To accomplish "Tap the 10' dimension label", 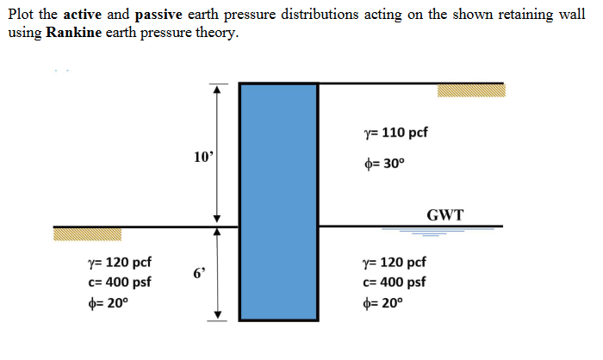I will [204, 158].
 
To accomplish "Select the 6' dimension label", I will [200, 274].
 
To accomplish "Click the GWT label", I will [444, 214].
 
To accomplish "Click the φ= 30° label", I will [383, 164].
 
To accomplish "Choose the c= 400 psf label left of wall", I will [119, 282].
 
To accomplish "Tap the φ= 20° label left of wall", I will [107, 303].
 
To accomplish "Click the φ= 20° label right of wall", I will [383, 303].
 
